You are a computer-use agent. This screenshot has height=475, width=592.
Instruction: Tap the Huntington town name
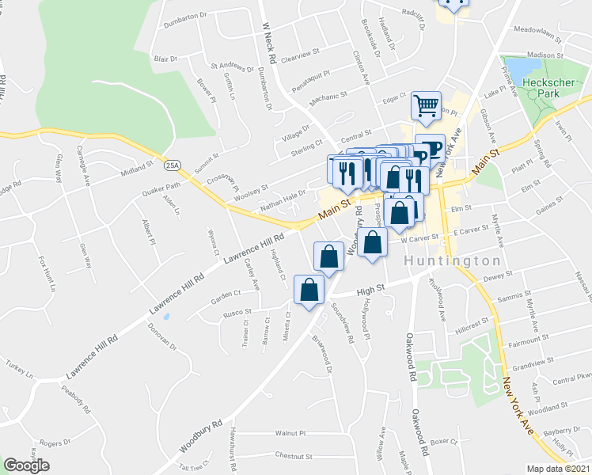pos(453,260)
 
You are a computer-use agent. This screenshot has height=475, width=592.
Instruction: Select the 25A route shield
pos(173,165)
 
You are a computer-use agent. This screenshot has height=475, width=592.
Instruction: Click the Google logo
pos(27,465)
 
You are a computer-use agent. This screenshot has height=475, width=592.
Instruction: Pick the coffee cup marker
pos(430,150)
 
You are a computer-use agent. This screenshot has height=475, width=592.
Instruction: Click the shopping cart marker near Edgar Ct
pos(426,106)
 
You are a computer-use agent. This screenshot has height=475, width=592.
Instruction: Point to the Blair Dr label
pos(165,59)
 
